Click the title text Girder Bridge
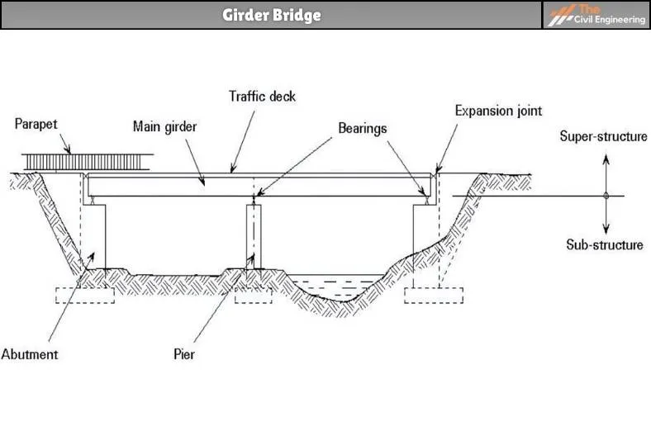click(x=271, y=15)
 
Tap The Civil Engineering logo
click(x=596, y=15)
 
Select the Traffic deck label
click(x=262, y=97)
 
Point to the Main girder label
click(x=165, y=127)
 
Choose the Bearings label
click(x=362, y=129)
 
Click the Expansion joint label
click(x=498, y=110)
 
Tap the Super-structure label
click(x=603, y=136)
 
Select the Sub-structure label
click(x=604, y=244)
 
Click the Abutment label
click(x=29, y=354)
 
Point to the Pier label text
click(x=183, y=354)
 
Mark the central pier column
click(x=254, y=235)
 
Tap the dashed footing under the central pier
click(x=254, y=296)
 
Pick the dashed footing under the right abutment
click(x=434, y=296)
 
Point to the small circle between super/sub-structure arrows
click(x=606, y=196)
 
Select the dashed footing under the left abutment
click(x=84, y=296)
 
